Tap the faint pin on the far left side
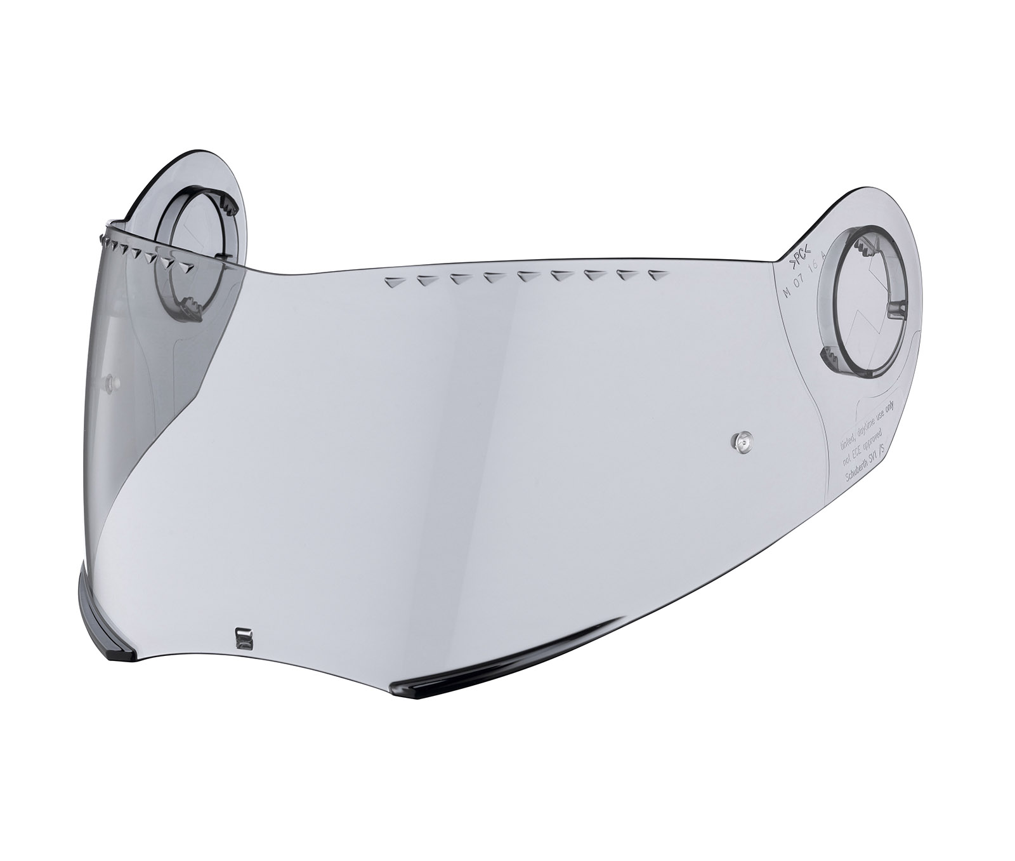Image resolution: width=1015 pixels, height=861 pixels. pos(111,382)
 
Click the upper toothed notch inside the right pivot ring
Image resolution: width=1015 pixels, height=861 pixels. pos(862,248)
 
